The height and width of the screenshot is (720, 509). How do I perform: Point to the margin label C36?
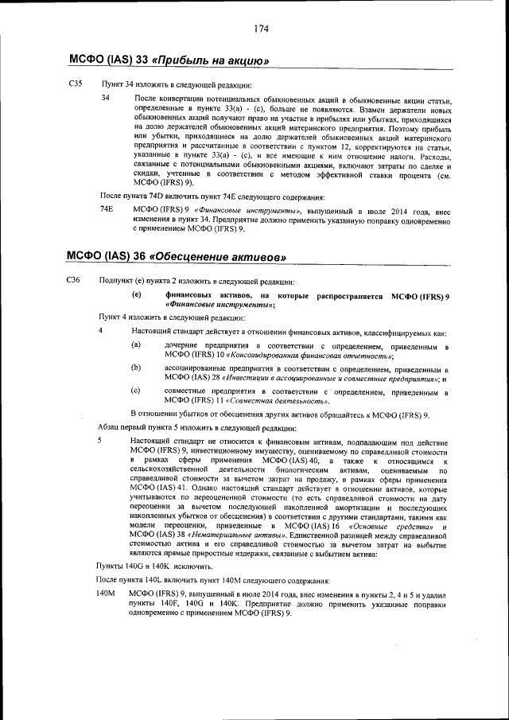pyautogui.click(x=76, y=281)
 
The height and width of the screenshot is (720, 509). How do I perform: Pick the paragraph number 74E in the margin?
pyautogui.click(x=107, y=208)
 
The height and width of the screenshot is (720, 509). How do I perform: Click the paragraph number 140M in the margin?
pyautogui.click(x=106, y=594)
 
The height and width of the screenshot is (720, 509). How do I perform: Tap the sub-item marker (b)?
pyautogui.click(x=136, y=368)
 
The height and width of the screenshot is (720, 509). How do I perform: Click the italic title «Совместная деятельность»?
pyautogui.click(x=265, y=402)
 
